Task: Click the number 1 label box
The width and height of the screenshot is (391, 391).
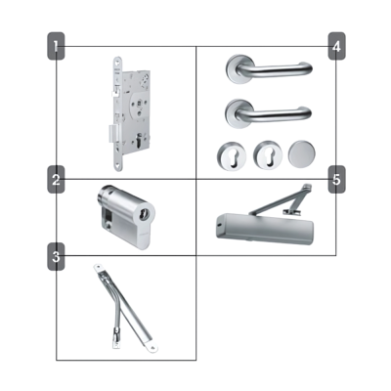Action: pos(57,45)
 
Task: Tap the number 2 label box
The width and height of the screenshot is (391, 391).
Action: pos(57,180)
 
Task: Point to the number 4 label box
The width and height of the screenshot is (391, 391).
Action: pos(336,45)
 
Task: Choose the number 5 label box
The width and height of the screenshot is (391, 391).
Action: pos(336,180)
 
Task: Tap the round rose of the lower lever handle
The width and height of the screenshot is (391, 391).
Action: pos(238,113)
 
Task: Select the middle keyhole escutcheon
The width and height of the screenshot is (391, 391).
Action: pos(264,153)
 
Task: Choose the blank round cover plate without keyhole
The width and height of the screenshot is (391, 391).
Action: pos(300,153)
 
